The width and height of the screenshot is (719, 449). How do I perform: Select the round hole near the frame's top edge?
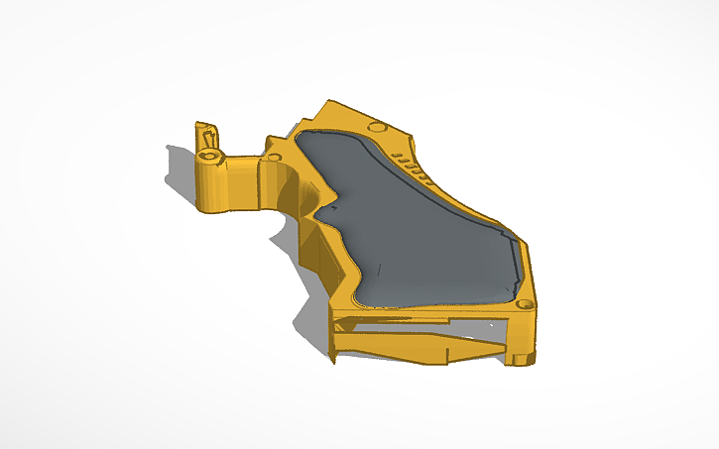pos(376,127)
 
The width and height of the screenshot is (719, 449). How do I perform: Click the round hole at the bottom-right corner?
pos(524,301)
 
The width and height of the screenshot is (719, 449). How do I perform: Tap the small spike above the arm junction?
pos(270,140)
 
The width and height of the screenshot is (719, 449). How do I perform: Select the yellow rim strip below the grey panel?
pos(436,310)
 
